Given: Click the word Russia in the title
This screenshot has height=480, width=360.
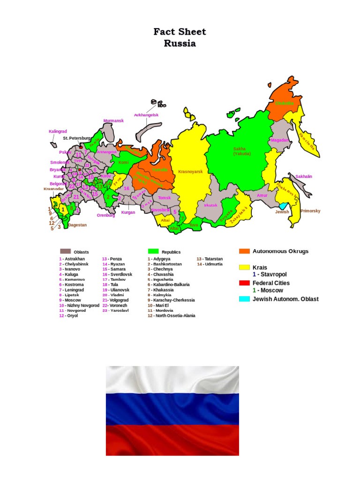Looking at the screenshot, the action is click(180, 44).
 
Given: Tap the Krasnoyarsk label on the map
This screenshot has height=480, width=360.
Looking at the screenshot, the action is click(190, 172).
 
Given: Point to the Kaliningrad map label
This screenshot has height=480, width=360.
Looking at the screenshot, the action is click(58, 132).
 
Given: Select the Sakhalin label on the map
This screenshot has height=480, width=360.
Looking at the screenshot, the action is click(304, 177).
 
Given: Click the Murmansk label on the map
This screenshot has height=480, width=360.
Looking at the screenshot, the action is click(113, 121).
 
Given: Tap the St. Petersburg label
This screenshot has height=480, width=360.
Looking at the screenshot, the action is click(77, 138).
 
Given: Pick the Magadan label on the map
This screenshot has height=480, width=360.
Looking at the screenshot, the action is click(279, 140).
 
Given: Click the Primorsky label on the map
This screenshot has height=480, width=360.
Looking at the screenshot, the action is click(310, 211).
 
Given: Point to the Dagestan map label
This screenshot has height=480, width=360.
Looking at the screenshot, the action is click(77, 225).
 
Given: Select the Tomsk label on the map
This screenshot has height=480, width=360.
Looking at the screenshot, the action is click(164, 198).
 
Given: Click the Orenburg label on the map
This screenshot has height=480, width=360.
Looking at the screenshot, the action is click(106, 215).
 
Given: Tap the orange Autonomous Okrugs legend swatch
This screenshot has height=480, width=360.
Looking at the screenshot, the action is click(244, 251).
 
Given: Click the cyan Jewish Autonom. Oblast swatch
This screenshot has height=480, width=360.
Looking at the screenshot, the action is click(244, 299).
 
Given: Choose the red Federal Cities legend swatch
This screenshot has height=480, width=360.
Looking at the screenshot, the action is click(244, 283).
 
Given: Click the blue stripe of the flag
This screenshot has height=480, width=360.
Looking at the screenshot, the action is click(172, 410).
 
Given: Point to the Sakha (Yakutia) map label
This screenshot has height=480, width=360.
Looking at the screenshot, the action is click(242, 151).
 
